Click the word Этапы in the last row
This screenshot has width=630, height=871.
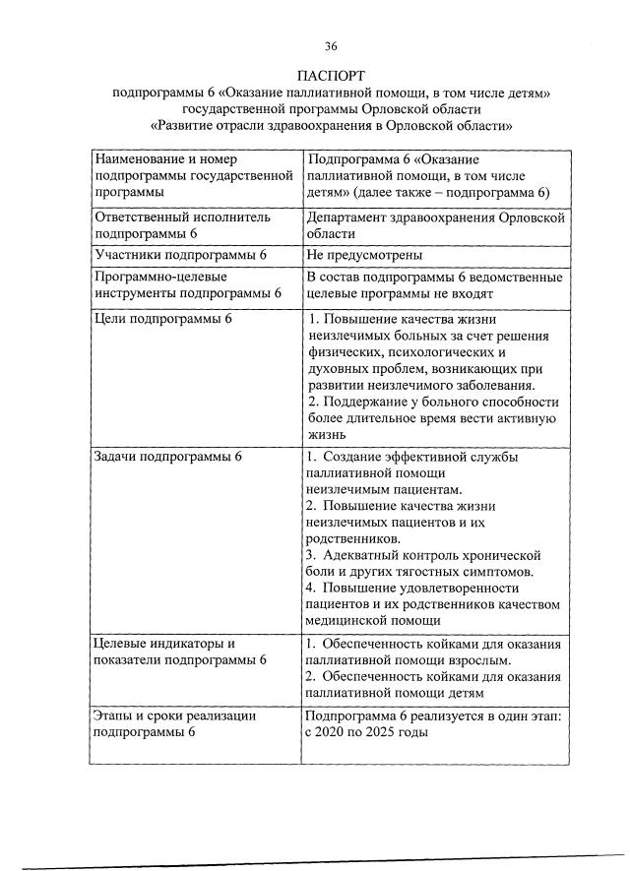[x=114, y=716]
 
